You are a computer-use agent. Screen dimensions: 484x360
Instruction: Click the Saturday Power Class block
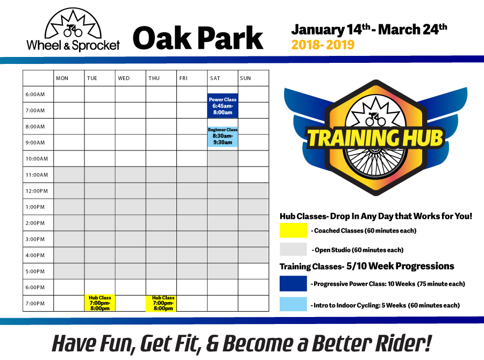point(223,106)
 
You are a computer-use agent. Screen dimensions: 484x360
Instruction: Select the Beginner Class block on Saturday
point(223,136)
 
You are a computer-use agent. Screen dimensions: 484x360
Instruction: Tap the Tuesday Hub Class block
point(99,303)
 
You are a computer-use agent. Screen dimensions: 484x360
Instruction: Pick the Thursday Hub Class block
point(161,303)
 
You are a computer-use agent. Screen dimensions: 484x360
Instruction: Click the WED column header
point(124,78)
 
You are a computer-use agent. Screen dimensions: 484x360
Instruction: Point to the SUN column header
point(245,78)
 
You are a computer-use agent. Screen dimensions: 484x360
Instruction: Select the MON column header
point(62,78)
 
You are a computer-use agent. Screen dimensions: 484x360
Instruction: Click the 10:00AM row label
point(37,159)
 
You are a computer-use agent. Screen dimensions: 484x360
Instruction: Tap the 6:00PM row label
point(35,287)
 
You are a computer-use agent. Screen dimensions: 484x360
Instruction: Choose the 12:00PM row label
point(37,191)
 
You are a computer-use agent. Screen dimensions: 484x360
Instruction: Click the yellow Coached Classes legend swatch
point(293,230)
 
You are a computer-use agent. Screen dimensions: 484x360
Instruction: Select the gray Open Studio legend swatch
point(293,249)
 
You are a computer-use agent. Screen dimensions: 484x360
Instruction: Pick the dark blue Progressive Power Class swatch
point(293,284)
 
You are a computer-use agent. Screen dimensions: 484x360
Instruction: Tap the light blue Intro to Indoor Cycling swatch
point(293,304)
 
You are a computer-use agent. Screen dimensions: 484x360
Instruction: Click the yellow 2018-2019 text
point(323,45)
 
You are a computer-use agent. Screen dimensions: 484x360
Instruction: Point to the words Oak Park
point(198,38)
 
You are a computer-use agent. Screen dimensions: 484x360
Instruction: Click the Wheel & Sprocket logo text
point(73,45)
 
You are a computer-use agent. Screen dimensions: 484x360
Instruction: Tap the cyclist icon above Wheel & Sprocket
point(73,31)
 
